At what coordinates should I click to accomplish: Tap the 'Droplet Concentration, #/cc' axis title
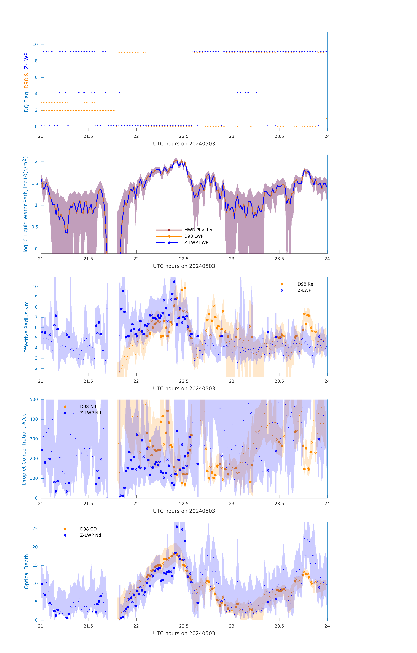tap(24, 449)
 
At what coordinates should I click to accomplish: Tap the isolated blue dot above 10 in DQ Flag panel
tap(107, 43)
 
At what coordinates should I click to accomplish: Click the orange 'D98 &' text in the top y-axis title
tap(26, 80)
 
